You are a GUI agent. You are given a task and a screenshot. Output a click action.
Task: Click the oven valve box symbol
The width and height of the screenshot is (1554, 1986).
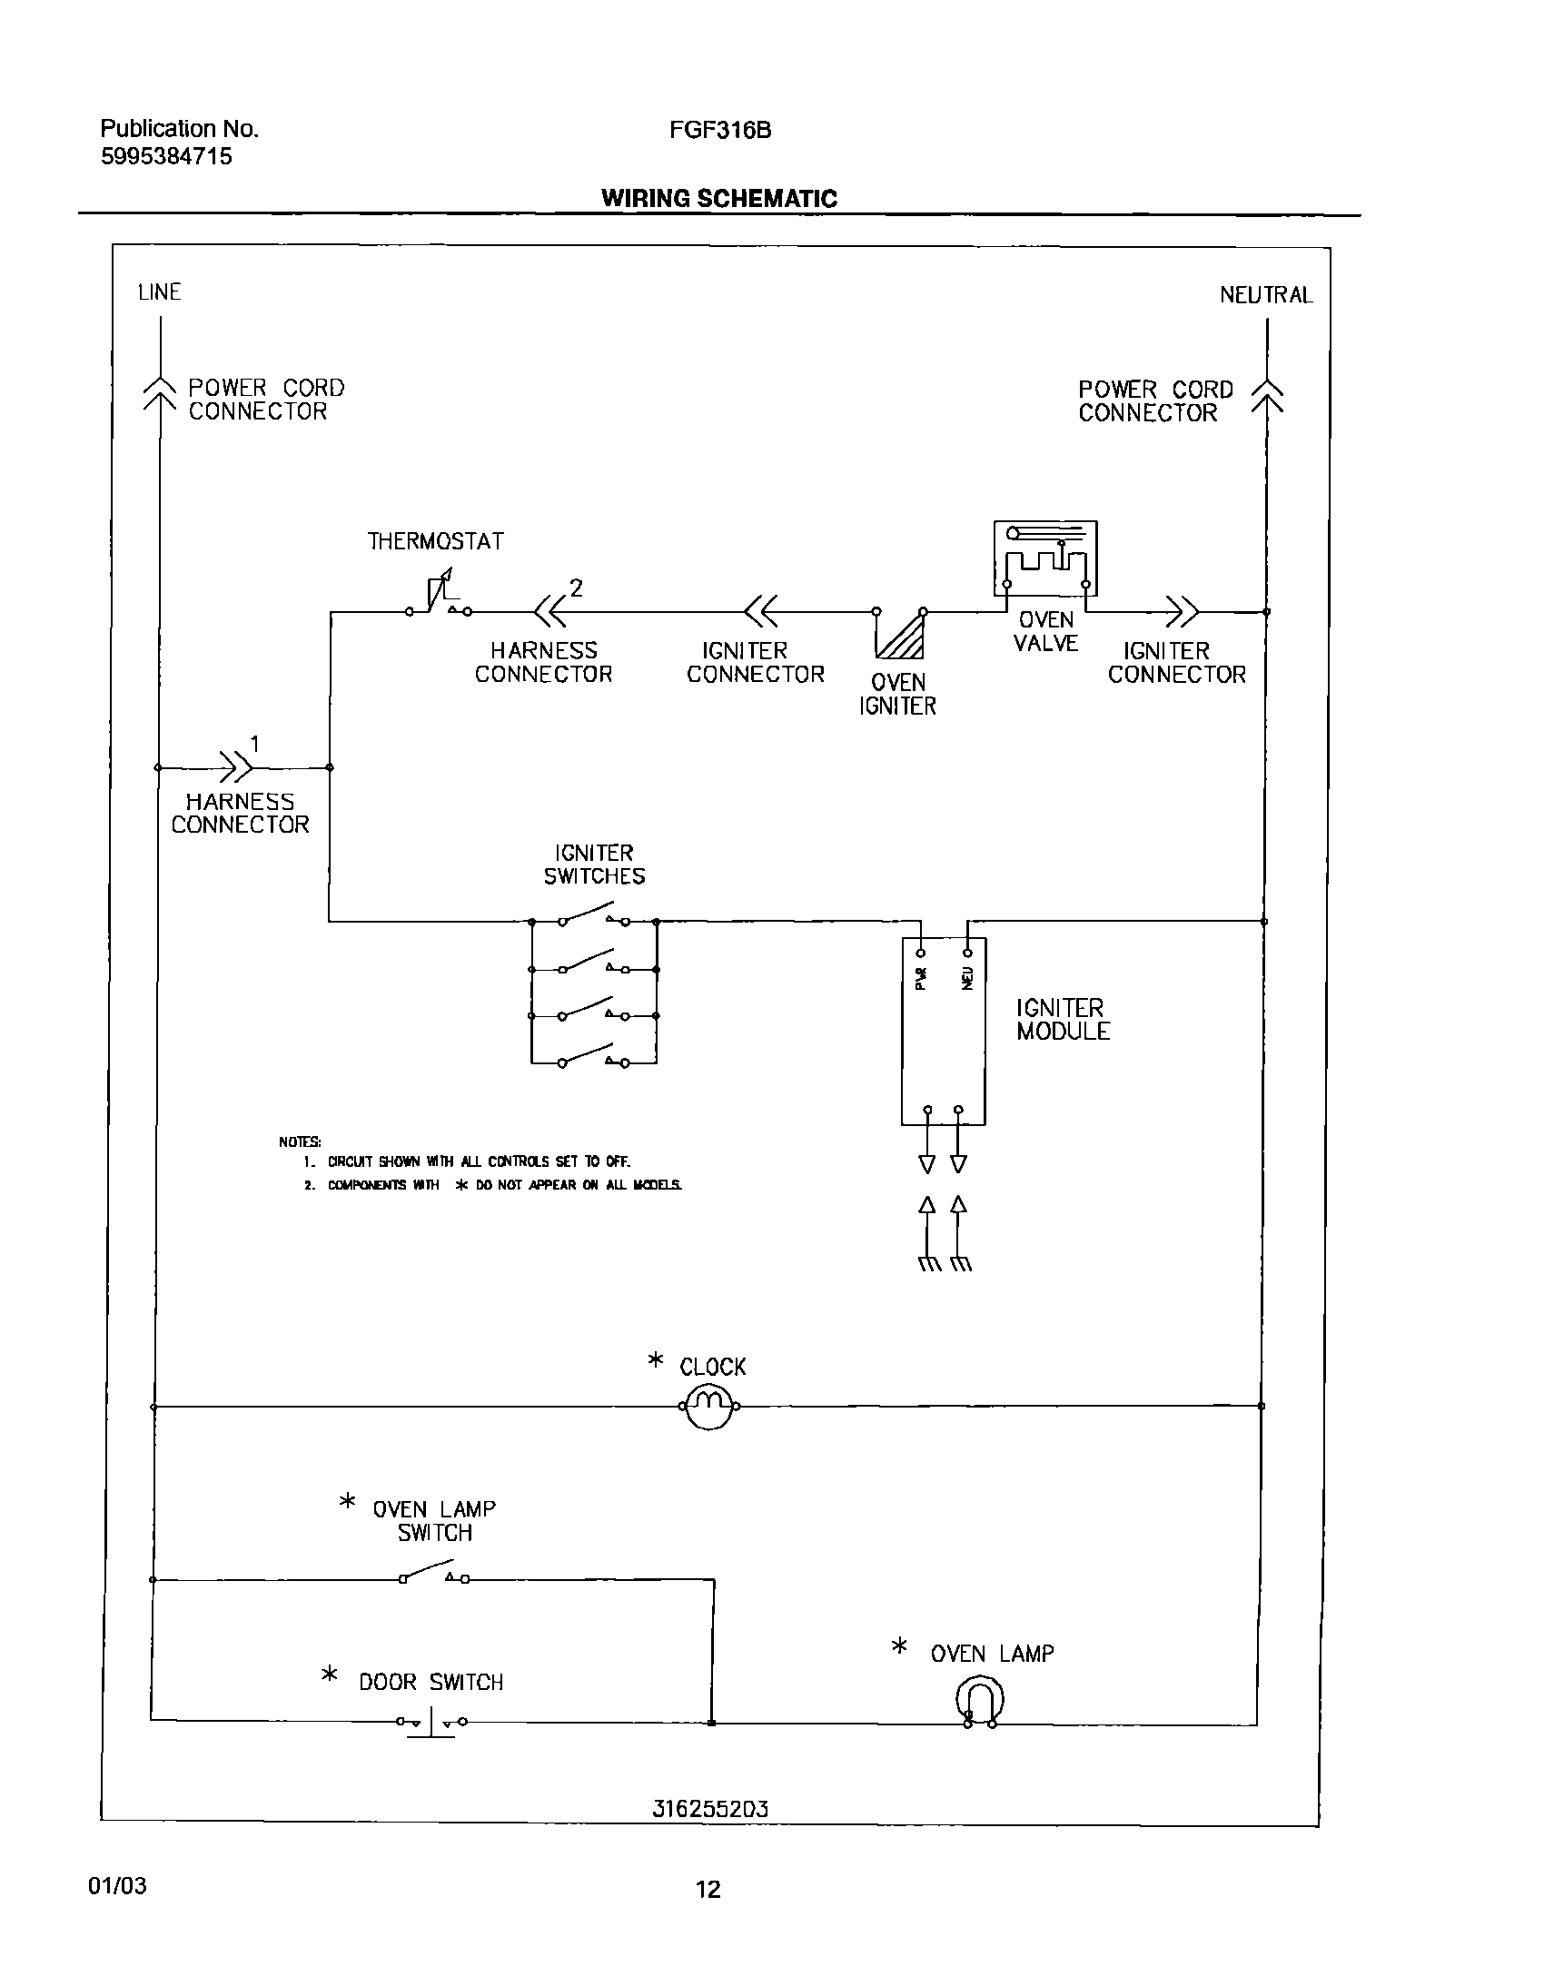(x=1045, y=558)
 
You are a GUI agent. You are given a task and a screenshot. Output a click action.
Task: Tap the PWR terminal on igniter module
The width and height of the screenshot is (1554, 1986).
(x=921, y=953)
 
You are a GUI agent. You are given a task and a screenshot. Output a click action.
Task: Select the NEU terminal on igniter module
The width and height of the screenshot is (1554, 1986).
(x=967, y=953)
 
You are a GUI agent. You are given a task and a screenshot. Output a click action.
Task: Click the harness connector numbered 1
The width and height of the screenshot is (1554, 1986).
(x=235, y=767)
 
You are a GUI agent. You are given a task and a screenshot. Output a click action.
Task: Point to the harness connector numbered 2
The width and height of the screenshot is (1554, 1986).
(x=549, y=611)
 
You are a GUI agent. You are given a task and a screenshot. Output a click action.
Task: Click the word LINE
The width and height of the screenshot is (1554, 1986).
(x=159, y=292)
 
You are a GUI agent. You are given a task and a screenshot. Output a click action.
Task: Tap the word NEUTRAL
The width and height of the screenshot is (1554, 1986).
(x=1264, y=295)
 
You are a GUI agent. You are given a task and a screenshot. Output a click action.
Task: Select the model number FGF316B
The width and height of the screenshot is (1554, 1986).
(x=719, y=130)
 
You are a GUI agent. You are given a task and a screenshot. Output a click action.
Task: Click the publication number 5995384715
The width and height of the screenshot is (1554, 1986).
(x=165, y=156)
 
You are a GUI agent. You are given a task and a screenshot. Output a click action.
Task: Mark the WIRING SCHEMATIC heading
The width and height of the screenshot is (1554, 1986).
(x=718, y=198)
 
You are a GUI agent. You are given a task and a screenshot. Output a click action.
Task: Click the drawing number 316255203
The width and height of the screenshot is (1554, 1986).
(x=709, y=1810)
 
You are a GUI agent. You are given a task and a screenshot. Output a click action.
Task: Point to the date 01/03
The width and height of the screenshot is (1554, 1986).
(x=116, y=1886)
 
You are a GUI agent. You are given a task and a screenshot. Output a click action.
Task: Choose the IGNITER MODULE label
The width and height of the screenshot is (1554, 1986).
(x=1063, y=1020)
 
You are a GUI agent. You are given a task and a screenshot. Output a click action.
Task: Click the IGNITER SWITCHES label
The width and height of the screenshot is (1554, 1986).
(x=594, y=865)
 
